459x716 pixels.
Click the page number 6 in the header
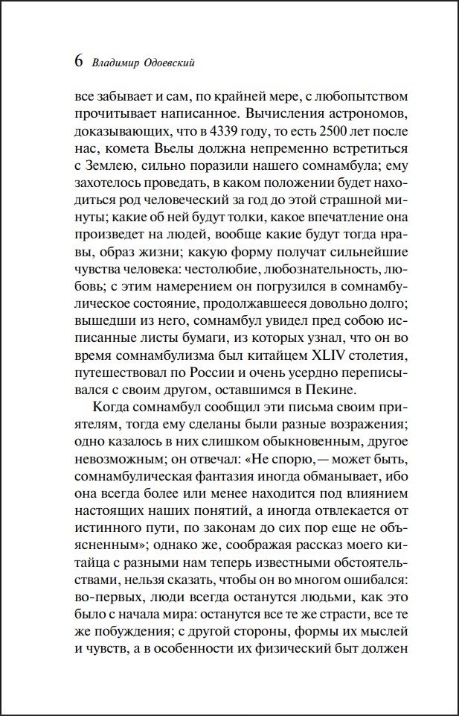click(x=79, y=61)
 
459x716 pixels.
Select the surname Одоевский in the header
click(x=170, y=63)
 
